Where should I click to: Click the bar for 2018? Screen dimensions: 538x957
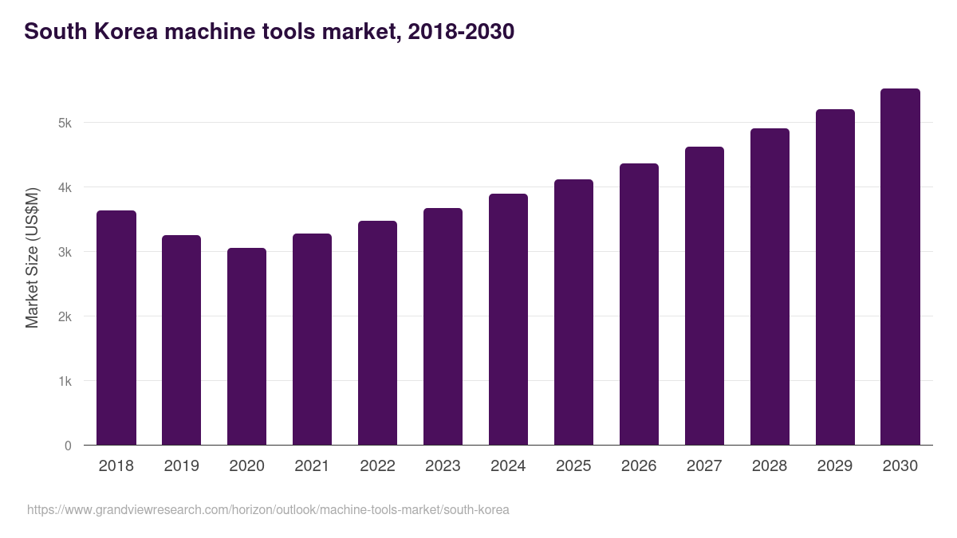[x=116, y=328]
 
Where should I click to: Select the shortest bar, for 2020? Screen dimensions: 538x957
[x=246, y=347]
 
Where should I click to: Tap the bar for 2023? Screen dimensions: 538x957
[x=443, y=327]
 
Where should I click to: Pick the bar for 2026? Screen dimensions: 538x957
[x=639, y=304]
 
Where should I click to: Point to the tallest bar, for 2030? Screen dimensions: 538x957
[x=900, y=267]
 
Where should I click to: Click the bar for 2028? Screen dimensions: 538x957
[x=770, y=287]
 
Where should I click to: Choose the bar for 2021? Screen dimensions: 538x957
[x=312, y=340]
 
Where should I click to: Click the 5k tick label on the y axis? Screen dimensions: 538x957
[x=65, y=124]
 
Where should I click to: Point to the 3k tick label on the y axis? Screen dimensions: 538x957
[x=65, y=253]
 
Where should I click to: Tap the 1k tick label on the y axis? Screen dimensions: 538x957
[x=65, y=382]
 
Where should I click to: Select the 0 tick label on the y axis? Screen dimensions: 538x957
[x=68, y=446]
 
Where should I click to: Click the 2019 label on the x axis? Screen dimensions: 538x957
[x=181, y=466]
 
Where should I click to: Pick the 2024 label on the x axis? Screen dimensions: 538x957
[x=508, y=466]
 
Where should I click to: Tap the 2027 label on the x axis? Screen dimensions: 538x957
[x=704, y=466]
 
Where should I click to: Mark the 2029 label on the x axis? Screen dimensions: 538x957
[x=835, y=466]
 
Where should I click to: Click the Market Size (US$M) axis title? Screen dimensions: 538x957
[x=32, y=257]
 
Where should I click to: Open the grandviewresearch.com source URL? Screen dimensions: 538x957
[x=268, y=510]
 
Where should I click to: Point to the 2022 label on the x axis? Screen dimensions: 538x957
[x=377, y=466]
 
